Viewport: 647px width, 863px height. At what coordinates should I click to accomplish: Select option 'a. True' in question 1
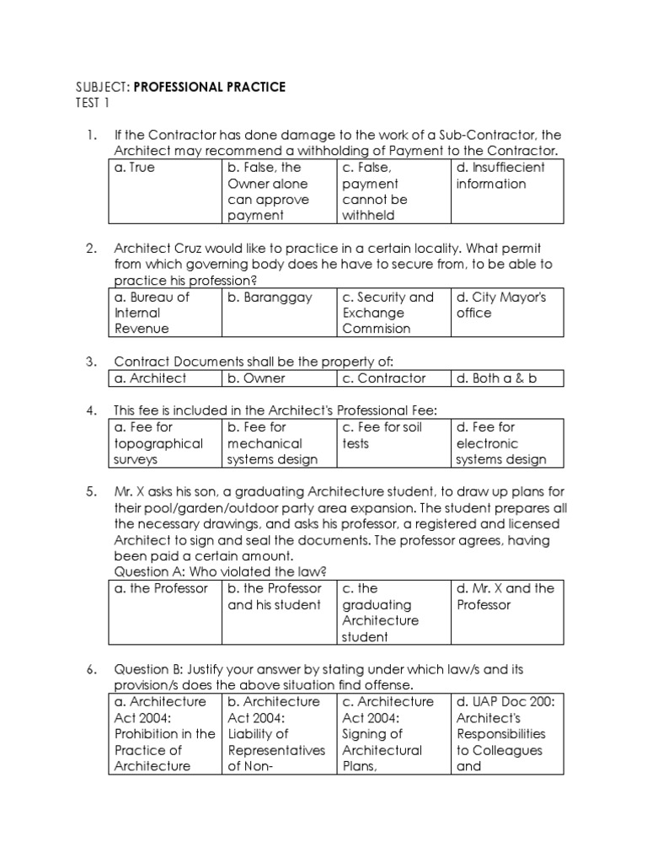pyautogui.click(x=135, y=168)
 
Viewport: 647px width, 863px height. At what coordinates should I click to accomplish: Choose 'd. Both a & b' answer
pyautogui.click(x=496, y=378)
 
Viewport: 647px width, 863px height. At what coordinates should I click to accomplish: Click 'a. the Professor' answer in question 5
pyautogui.click(x=160, y=588)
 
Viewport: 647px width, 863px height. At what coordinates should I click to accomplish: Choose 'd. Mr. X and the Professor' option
pyautogui.click(x=505, y=597)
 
